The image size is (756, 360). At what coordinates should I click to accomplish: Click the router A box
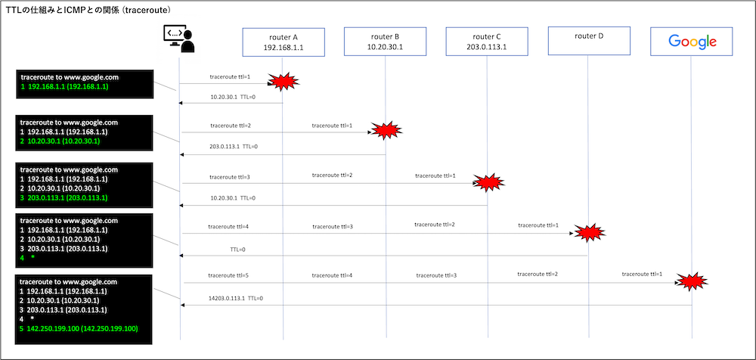pyautogui.click(x=283, y=42)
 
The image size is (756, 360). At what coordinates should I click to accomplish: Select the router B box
pyautogui.click(x=386, y=42)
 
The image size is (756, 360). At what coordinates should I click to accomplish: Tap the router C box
pyautogui.click(x=487, y=42)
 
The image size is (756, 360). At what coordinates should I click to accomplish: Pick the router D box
pyautogui.click(x=589, y=41)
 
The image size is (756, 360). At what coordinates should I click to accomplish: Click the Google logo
pyautogui.click(x=692, y=42)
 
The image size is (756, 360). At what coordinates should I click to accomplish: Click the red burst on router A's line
pyautogui.click(x=283, y=82)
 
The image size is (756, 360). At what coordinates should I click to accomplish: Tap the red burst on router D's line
pyautogui.click(x=589, y=233)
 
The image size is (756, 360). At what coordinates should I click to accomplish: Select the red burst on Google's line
pyautogui.click(x=691, y=281)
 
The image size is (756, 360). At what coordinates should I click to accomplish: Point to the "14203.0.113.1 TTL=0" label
pyautogui.click(x=237, y=298)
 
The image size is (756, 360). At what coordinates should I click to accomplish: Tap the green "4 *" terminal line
pyautogui.click(x=27, y=258)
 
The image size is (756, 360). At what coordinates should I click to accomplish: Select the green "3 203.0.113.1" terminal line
pyautogui.click(x=64, y=198)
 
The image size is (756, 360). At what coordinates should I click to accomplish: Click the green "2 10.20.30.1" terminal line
pyautogui.click(x=60, y=141)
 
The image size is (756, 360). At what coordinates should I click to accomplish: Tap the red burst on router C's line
pyautogui.click(x=488, y=182)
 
